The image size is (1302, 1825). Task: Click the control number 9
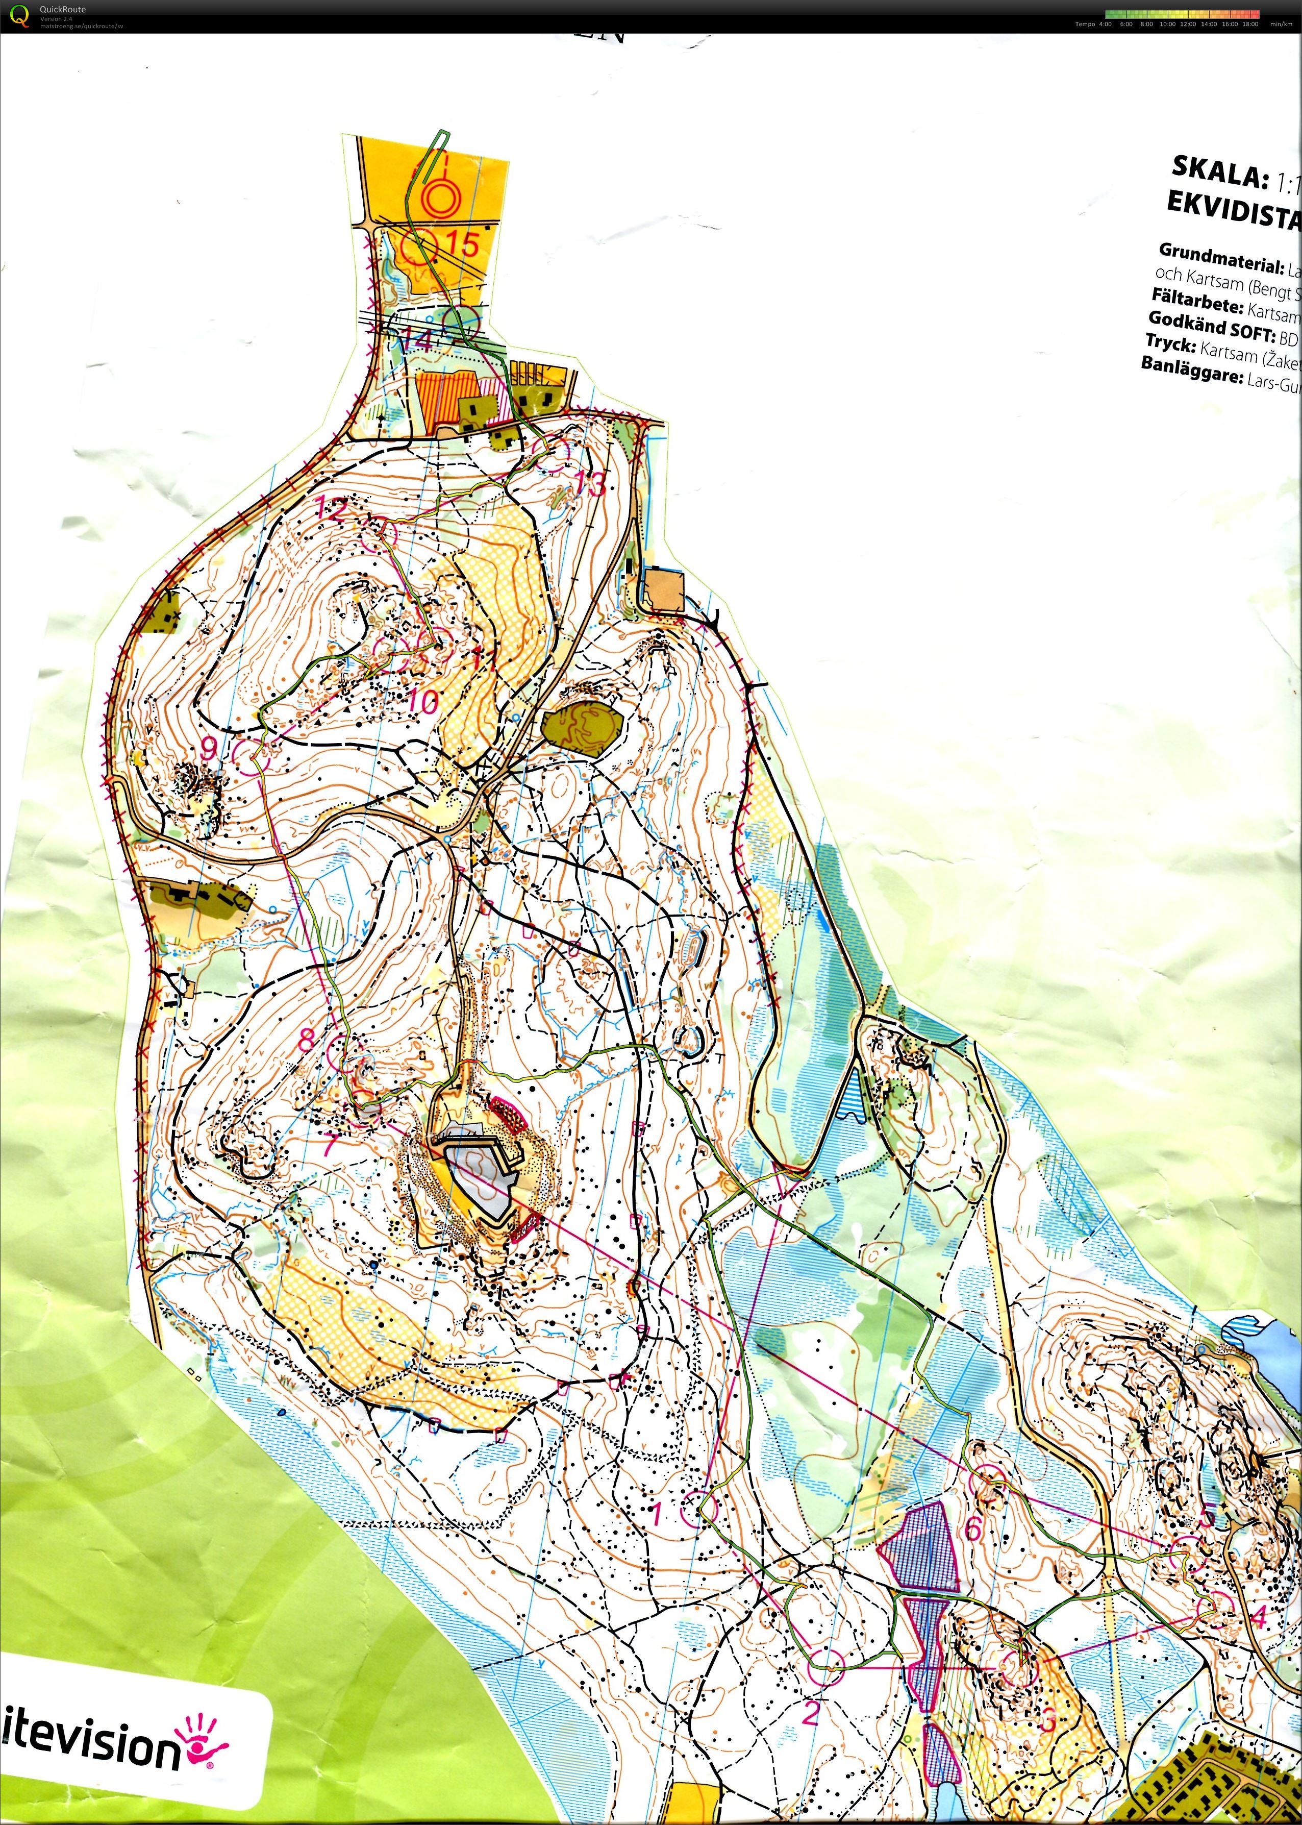(x=209, y=748)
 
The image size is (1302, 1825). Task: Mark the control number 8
(x=307, y=1040)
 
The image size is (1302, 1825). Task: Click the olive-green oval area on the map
(x=582, y=726)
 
